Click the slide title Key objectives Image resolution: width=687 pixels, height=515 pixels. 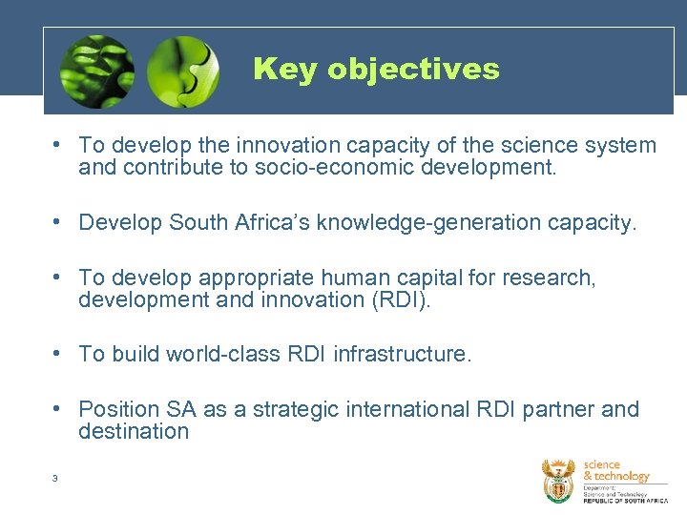pyautogui.click(x=376, y=70)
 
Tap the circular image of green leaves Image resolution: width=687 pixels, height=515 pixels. pyautogui.click(x=96, y=72)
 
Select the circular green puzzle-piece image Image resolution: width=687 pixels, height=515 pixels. pyautogui.click(x=184, y=72)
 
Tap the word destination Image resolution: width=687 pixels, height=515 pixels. pyautogui.click(x=134, y=431)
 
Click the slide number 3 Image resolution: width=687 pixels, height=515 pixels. pyautogui.click(x=55, y=478)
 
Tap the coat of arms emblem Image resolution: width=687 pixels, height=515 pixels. pyautogui.click(x=559, y=481)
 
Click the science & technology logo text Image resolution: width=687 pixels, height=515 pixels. pyautogui.click(x=615, y=470)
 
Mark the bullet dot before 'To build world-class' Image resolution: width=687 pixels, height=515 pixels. pyautogui.click(x=59, y=353)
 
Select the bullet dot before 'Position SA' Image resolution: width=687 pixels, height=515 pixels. pyautogui.click(x=59, y=408)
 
